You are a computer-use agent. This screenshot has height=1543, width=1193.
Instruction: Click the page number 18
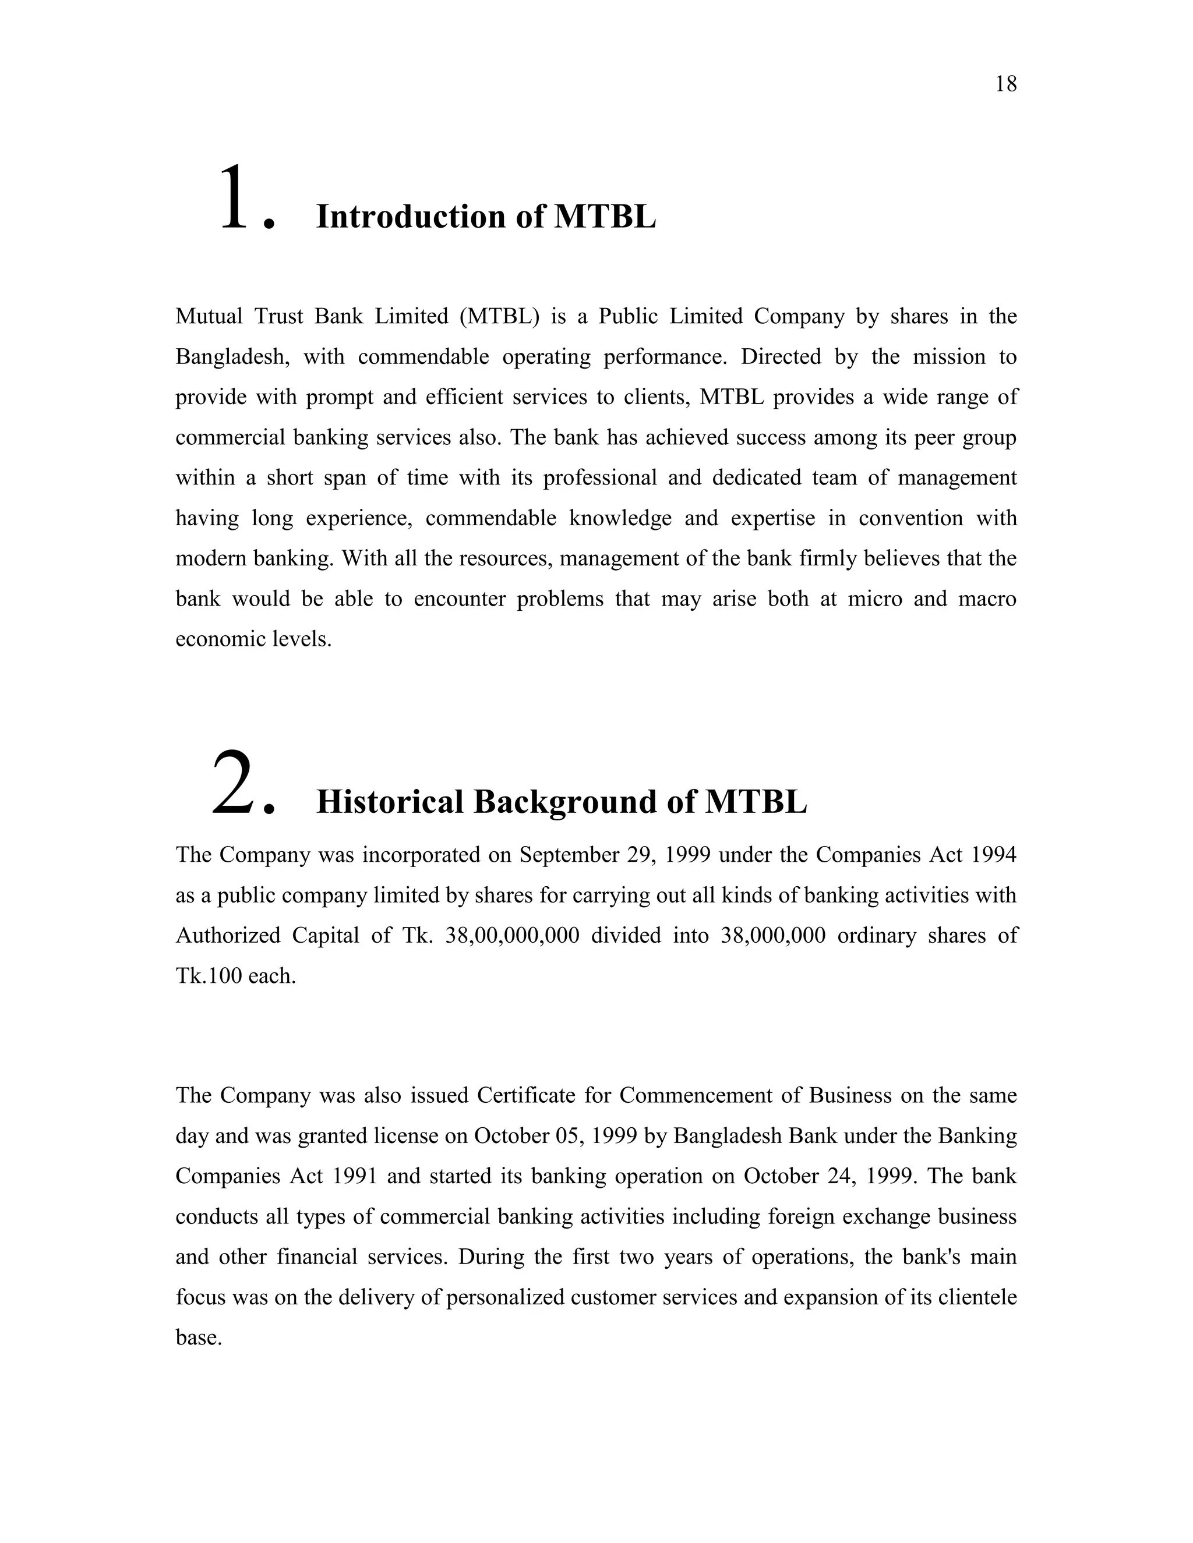coord(1005,84)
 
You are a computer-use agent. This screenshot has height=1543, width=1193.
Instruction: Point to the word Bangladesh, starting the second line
coord(232,357)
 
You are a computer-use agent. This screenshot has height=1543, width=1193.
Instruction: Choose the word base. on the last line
coord(199,1338)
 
